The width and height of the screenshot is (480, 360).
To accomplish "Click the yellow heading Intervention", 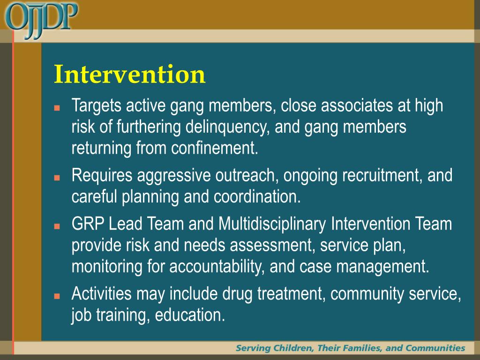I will click(x=129, y=74).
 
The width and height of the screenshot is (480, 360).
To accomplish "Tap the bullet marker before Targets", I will click(x=57, y=107).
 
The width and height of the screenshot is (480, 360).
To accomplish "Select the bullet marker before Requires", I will click(x=57, y=178).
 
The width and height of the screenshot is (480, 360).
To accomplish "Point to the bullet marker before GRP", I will click(x=57, y=226).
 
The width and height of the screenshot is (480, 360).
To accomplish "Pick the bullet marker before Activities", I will click(x=57, y=296).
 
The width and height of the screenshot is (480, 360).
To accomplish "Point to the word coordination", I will click(x=257, y=197).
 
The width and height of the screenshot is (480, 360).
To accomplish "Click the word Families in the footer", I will click(x=360, y=348).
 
